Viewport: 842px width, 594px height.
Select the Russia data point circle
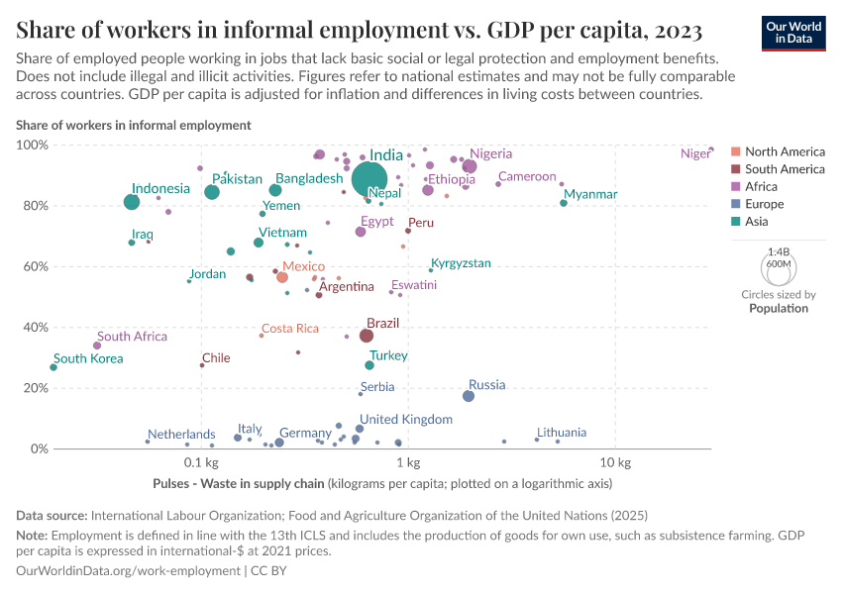click(x=469, y=396)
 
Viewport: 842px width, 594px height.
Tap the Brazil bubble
click(x=367, y=336)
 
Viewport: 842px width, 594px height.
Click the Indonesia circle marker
click(x=132, y=202)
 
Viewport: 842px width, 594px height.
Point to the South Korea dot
click(x=53, y=367)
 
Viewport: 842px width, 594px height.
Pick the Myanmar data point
click(x=564, y=203)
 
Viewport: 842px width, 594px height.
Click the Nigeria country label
click(x=491, y=153)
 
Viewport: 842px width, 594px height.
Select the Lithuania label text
click(x=562, y=433)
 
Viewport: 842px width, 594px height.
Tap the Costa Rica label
click(x=290, y=329)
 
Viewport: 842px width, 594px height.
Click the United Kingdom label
click(x=406, y=420)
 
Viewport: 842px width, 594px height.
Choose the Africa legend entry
click(x=761, y=186)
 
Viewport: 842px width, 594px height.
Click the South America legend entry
click(x=784, y=169)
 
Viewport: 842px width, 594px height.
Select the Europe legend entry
click(x=764, y=204)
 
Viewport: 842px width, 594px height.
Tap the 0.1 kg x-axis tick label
click(x=201, y=463)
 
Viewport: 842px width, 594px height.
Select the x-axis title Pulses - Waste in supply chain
click(x=239, y=484)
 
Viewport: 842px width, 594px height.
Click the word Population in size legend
click(x=779, y=308)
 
